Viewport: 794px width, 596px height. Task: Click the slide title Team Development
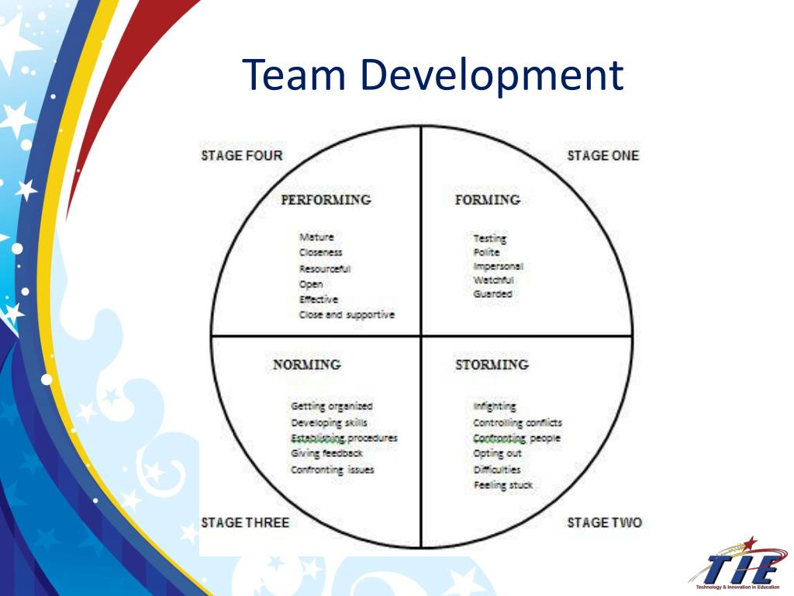pyautogui.click(x=433, y=75)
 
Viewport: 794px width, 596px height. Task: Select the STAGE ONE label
pyautogui.click(x=602, y=155)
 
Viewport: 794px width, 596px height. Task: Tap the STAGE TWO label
pyautogui.click(x=604, y=522)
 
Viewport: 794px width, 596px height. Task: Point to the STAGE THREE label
pyautogui.click(x=245, y=522)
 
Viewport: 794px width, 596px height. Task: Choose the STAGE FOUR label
pyautogui.click(x=242, y=155)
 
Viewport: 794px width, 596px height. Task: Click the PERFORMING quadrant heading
pyautogui.click(x=326, y=200)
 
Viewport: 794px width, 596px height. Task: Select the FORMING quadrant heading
pyautogui.click(x=487, y=200)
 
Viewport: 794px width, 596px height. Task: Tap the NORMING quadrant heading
pyautogui.click(x=306, y=365)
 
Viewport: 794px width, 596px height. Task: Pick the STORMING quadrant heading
pyautogui.click(x=492, y=365)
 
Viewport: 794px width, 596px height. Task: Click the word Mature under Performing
pyautogui.click(x=316, y=237)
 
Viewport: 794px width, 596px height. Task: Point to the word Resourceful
pyautogui.click(x=325, y=269)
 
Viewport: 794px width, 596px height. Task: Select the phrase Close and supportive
pyautogui.click(x=347, y=315)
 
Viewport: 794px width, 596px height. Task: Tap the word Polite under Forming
pyautogui.click(x=486, y=252)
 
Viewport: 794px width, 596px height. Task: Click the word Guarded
pyautogui.click(x=492, y=294)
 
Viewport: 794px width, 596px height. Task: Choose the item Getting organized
pyautogui.click(x=332, y=406)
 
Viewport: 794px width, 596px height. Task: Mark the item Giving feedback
pyautogui.click(x=326, y=453)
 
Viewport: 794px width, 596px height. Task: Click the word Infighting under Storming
pyautogui.click(x=494, y=406)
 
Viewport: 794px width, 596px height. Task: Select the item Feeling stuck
pyautogui.click(x=502, y=485)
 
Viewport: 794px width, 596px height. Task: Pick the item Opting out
pyautogui.click(x=497, y=453)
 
